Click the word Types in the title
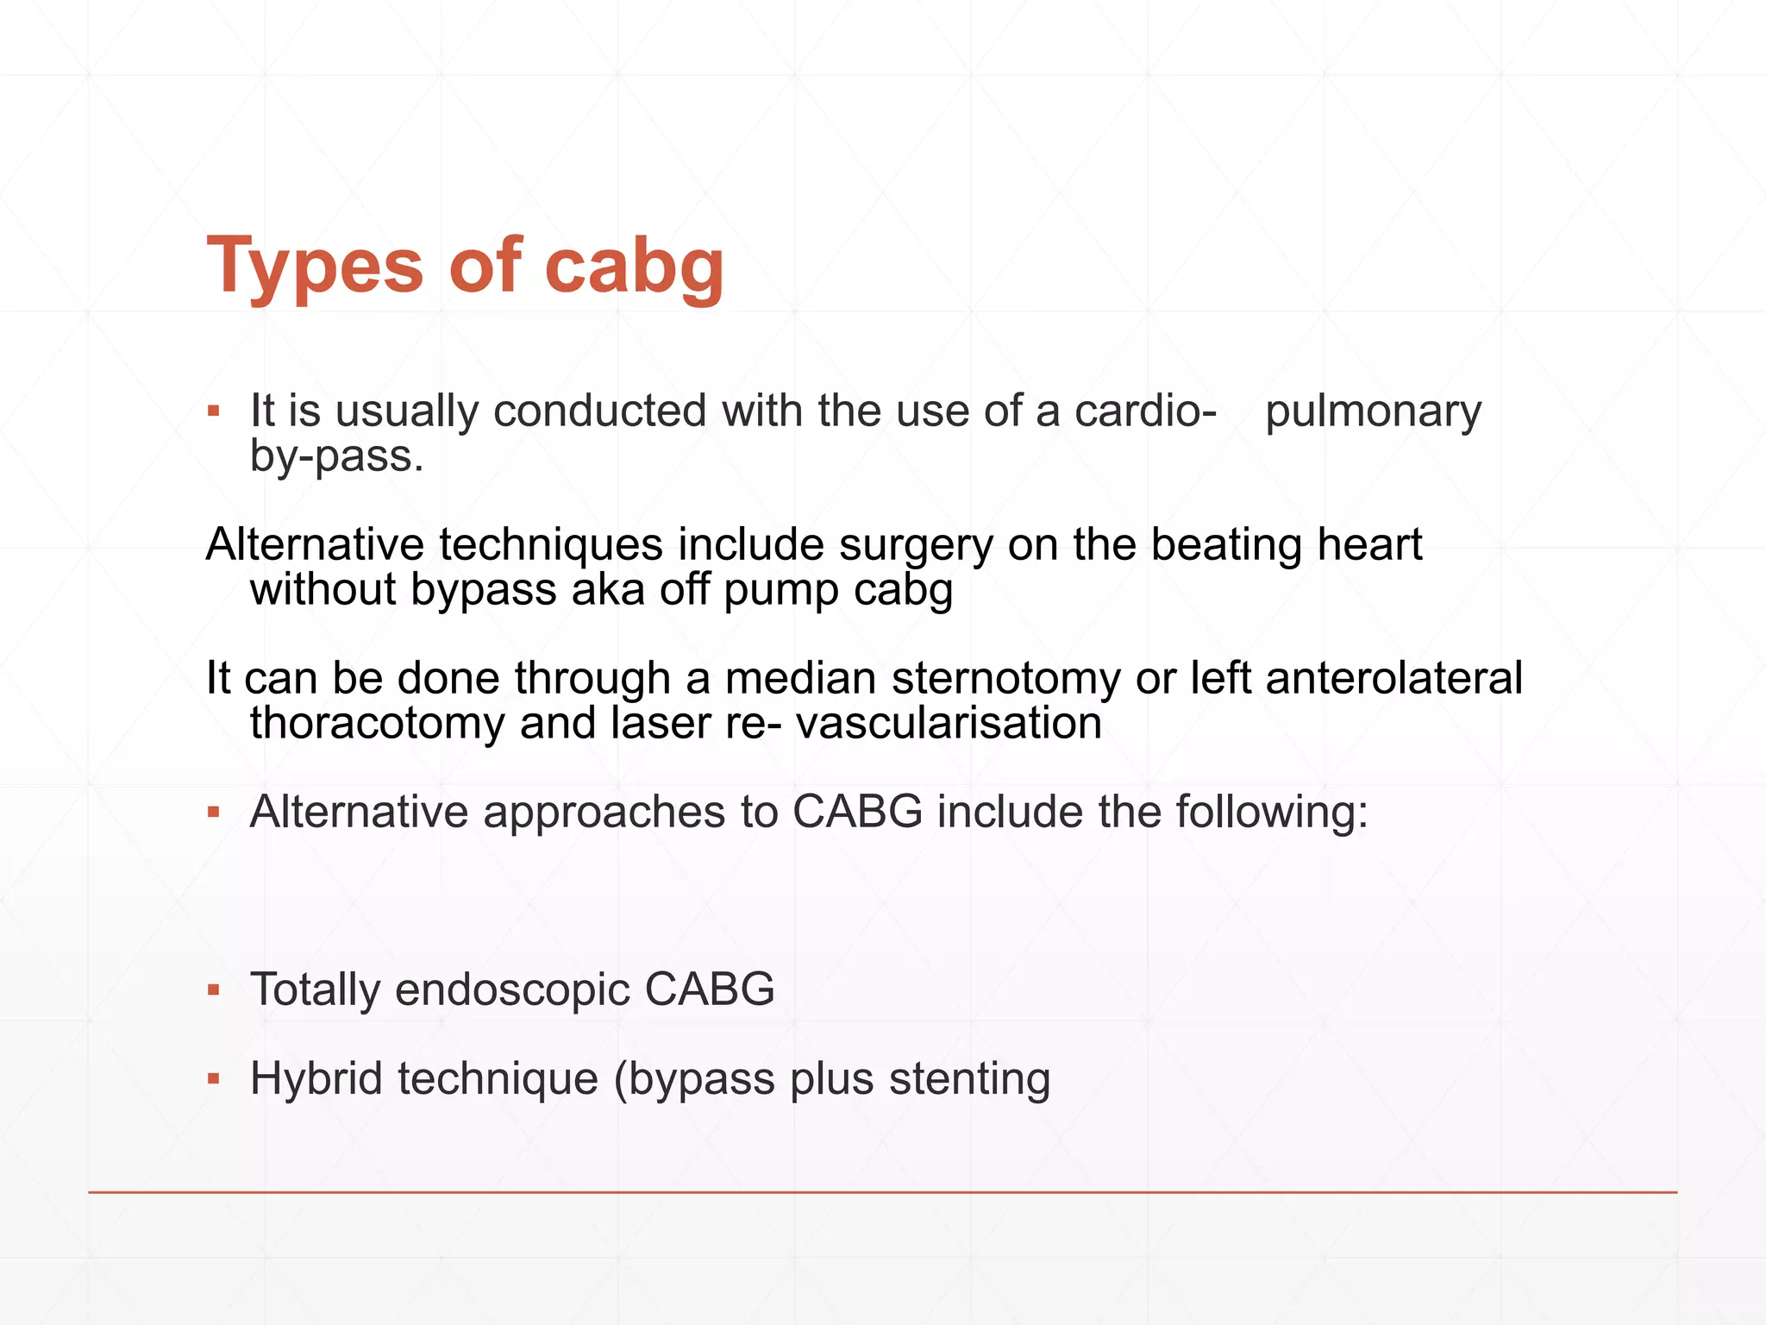pyautogui.click(x=315, y=266)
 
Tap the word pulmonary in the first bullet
pyautogui.click(x=1373, y=411)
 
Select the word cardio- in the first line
pyautogui.click(x=1145, y=411)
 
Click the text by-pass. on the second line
pyautogui.click(x=336, y=457)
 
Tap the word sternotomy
pyautogui.click(x=1005, y=678)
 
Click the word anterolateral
pyautogui.click(x=1393, y=678)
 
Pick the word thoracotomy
pyautogui.click(x=377, y=723)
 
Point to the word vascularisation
pyautogui.click(x=949, y=723)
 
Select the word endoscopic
pyautogui.click(x=512, y=989)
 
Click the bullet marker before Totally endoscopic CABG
pyautogui.click(x=214, y=991)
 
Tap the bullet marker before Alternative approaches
pyautogui.click(x=214, y=813)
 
